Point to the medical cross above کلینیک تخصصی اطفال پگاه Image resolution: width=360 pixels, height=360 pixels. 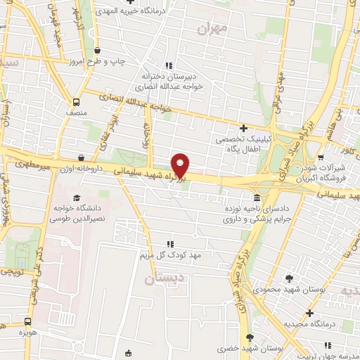tap(243, 129)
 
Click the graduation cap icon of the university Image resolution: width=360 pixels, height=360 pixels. tap(75, 198)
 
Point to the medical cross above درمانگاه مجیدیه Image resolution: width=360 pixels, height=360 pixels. tap(309, 311)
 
